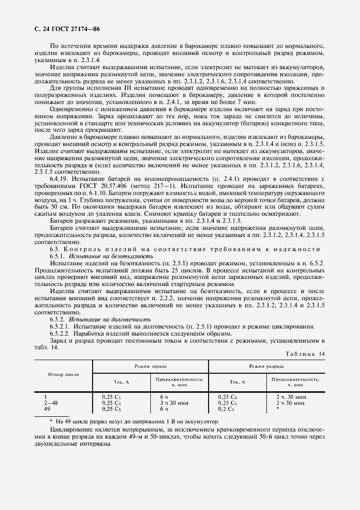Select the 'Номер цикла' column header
(64, 375)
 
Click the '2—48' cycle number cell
(51, 403)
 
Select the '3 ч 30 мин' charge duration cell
(174, 403)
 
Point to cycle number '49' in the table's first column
(47, 408)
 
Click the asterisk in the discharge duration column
(278, 408)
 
